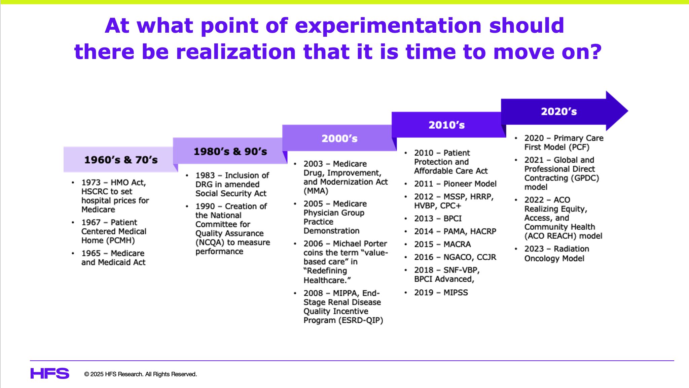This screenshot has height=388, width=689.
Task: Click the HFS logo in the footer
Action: point(50,374)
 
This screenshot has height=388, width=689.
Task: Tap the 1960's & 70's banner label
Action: point(121,160)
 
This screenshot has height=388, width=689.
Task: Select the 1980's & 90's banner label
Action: point(230,152)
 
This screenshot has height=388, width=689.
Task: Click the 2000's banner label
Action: point(339,138)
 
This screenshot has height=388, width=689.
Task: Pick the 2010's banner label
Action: point(446,125)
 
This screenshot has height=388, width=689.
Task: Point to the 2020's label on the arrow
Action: point(559,111)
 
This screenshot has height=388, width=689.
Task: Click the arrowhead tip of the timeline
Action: point(628,111)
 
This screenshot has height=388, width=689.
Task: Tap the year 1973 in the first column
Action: point(91,183)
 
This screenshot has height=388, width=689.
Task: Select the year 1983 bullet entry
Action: point(232,184)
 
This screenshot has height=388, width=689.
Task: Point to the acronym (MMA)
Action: point(316,191)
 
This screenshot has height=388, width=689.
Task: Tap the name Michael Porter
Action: point(360,244)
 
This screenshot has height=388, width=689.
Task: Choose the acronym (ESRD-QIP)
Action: point(362,320)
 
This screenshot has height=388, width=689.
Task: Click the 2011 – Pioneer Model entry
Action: point(455,184)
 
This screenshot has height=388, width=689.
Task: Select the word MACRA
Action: point(457,244)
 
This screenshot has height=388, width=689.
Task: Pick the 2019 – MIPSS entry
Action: point(441,292)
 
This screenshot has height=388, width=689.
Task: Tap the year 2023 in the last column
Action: point(534,249)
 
